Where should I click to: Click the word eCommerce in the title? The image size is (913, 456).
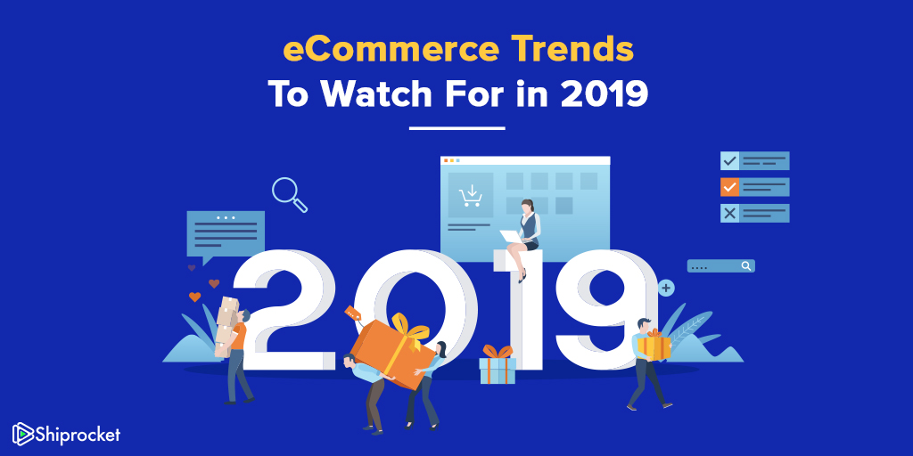[x=391, y=50]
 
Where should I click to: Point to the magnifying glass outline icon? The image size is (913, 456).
[x=290, y=194]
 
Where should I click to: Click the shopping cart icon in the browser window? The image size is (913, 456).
[x=470, y=196]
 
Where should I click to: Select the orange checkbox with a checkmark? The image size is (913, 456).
[x=729, y=187]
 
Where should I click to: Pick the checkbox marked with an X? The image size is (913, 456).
[x=729, y=214]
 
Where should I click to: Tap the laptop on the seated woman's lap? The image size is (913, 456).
[x=511, y=236]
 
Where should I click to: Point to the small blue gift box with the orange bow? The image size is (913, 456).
[x=498, y=364]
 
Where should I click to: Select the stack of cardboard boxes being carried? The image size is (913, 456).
[x=226, y=326]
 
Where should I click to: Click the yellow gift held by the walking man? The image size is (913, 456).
[x=654, y=346]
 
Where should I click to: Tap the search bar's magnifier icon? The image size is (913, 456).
[x=746, y=265]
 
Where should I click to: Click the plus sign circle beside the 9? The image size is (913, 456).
[x=666, y=288]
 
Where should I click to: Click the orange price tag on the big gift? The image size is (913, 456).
[x=353, y=313]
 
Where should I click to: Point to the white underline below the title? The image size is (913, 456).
[x=457, y=128]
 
